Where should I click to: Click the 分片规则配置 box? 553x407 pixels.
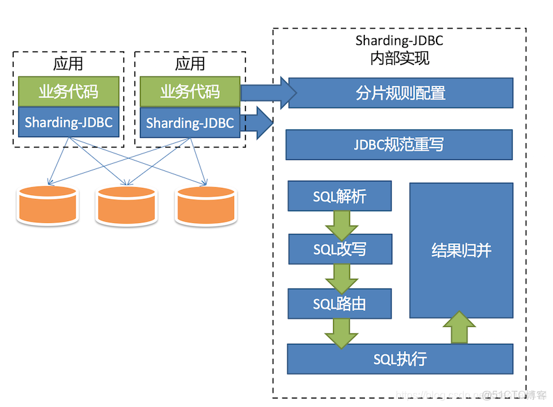tap(400, 93)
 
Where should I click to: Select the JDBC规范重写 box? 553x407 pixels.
tap(399, 144)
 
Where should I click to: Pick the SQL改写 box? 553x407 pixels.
tap(340, 250)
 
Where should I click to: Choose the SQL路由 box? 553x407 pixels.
tap(340, 304)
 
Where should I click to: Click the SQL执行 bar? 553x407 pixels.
tap(399, 359)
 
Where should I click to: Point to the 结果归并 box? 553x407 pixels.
tap(461, 250)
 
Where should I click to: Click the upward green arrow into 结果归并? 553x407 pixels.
tap(460, 328)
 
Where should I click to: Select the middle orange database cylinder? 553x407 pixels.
tap(126, 205)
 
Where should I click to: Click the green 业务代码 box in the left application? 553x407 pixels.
tap(68, 92)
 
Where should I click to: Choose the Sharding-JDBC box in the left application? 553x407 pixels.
tap(68, 122)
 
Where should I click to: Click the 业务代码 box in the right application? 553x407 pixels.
tap(190, 92)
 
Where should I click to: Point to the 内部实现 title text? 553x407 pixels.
tap(399, 59)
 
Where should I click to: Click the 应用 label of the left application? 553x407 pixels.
tap(68, 64)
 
